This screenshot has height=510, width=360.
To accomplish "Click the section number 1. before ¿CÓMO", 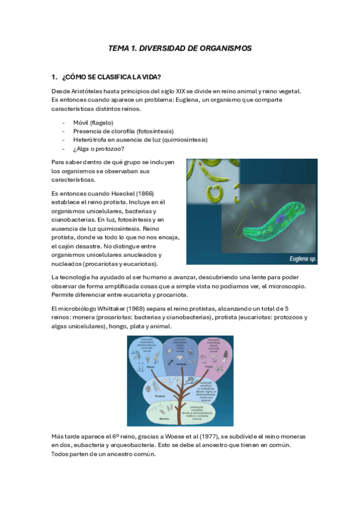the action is click(55, 76).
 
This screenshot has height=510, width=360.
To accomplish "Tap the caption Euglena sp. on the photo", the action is click(299, 259).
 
